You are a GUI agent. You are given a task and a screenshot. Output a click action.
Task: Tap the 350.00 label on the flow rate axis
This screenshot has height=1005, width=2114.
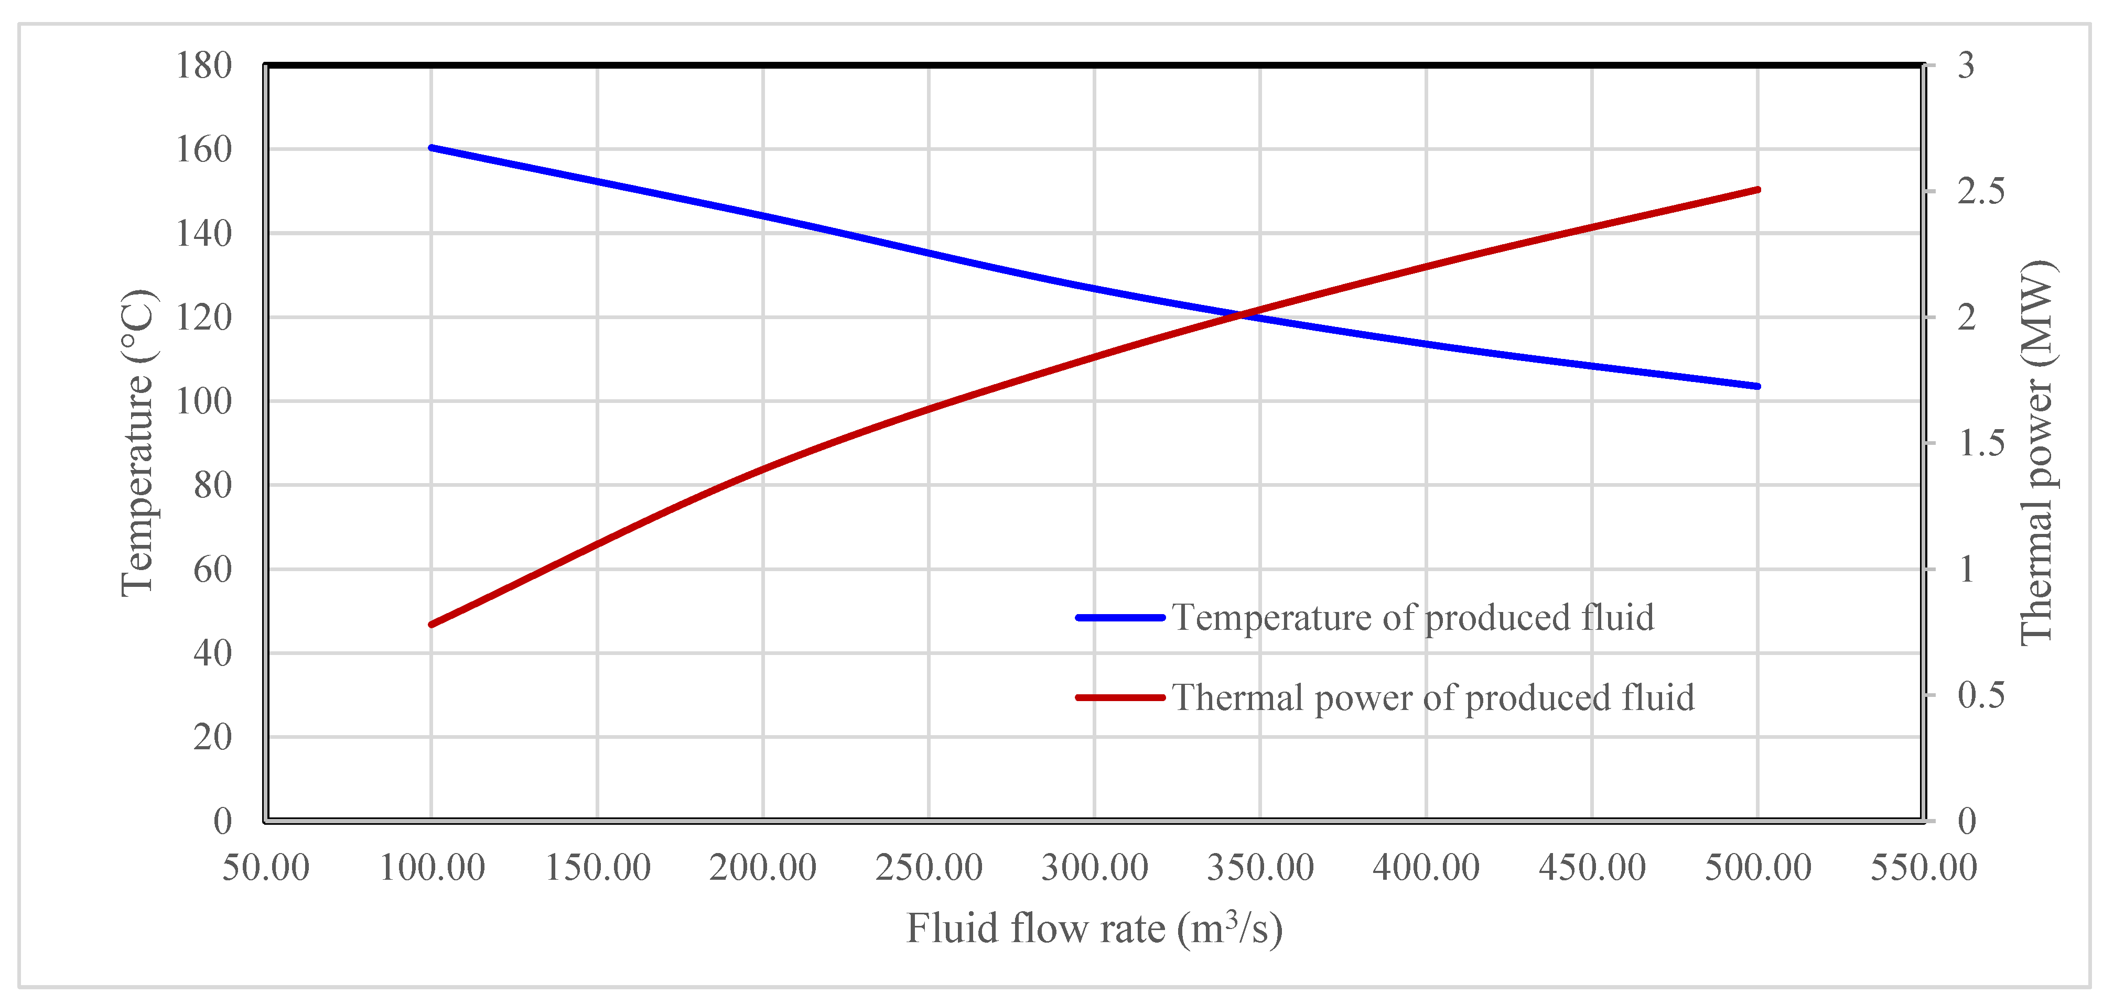1260,867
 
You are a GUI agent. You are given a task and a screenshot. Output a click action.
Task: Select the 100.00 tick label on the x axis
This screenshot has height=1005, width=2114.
432,867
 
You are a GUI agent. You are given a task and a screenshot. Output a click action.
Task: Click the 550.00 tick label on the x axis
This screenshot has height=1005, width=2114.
1923,867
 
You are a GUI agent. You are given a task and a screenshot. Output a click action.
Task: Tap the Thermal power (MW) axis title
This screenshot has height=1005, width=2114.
2036,453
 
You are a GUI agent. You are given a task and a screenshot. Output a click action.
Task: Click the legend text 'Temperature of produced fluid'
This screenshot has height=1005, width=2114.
1412,618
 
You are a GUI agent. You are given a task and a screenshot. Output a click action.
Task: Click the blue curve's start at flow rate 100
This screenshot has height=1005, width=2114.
432,148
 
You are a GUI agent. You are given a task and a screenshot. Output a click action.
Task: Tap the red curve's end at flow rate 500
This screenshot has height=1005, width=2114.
1757,190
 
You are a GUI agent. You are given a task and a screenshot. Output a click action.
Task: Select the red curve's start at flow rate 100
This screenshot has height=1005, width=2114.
432,625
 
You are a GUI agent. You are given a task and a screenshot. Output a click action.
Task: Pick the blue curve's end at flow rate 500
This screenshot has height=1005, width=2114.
1757,386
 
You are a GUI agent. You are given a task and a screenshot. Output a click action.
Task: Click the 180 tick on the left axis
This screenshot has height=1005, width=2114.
203,65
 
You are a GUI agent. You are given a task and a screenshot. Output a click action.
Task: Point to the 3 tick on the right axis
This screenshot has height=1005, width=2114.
1966,65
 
